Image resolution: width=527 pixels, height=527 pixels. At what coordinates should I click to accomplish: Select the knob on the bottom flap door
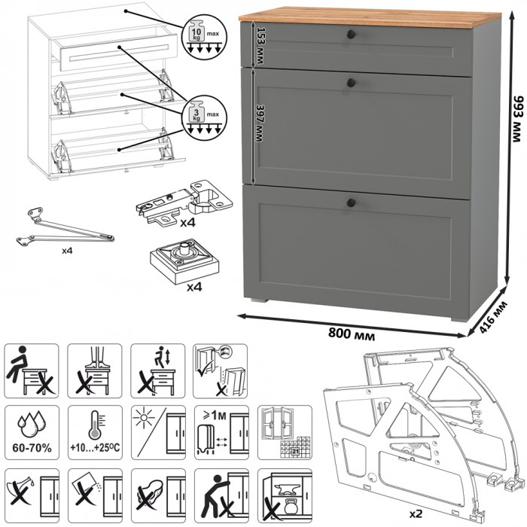click(x=351, y=201)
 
